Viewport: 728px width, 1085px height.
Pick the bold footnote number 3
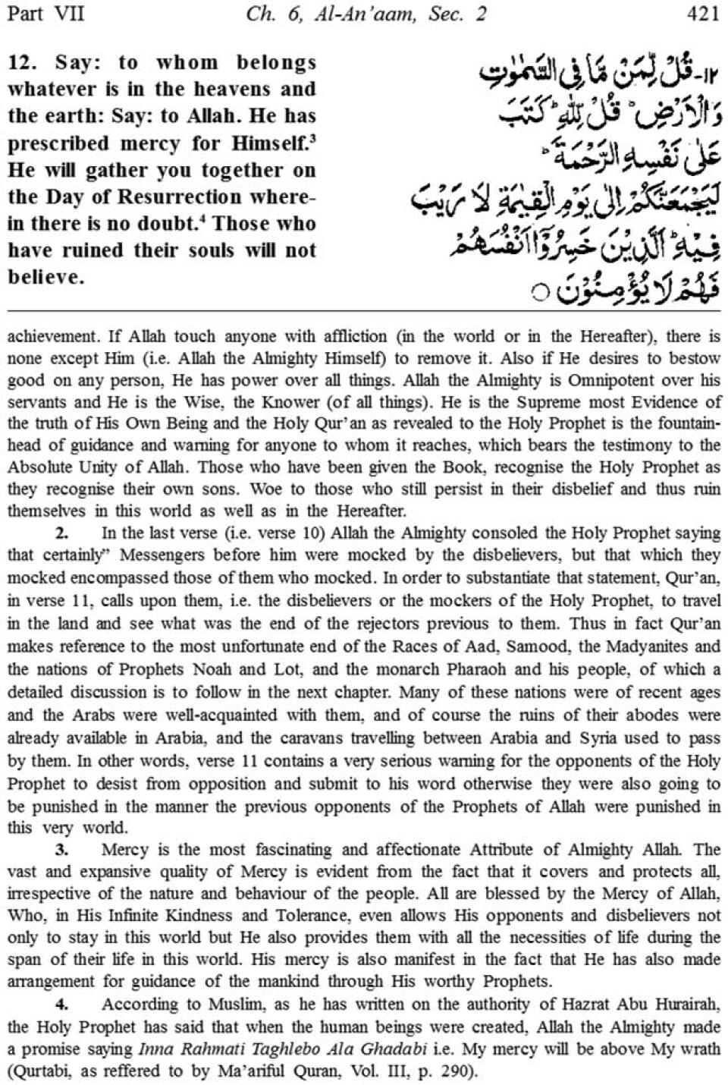(61, 850)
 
